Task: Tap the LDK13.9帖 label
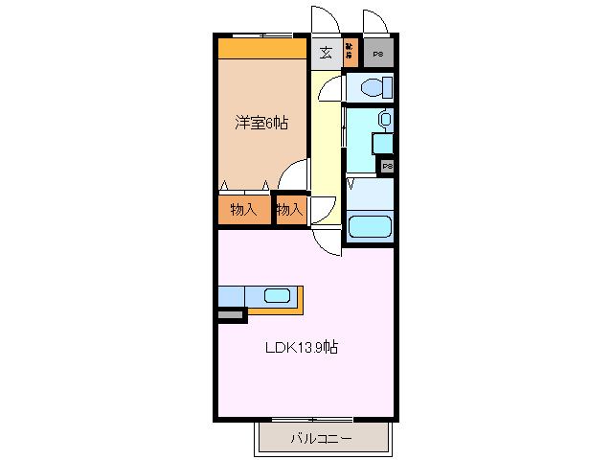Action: [x=302, y=348]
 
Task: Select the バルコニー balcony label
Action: [x=321, y=439]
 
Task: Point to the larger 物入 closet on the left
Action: [x=243, y=209]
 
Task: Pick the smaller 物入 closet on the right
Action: [x=288, y=209]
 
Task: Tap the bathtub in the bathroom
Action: [x=370, y=226]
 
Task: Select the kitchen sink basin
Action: [x=277, y=296]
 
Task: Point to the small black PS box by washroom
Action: [x=387, y=167]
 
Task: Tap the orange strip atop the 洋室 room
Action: [x=260, y=48]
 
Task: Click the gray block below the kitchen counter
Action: [x=231, y=313]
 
